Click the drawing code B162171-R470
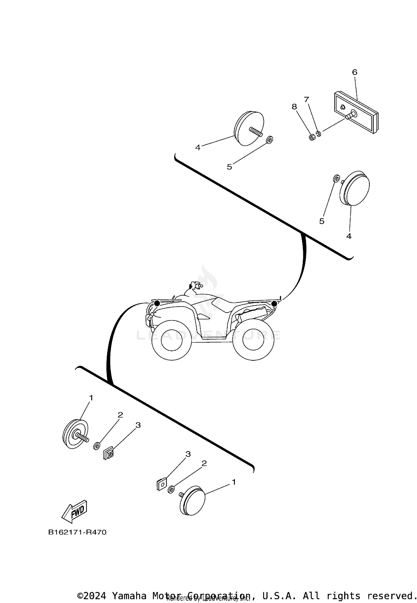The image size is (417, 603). pos(77,533)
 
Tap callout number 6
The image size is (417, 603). pos(354,72)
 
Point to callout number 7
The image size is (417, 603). pos(306,99)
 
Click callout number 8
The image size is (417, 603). pos(294,107)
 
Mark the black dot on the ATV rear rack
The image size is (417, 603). pos(274,304)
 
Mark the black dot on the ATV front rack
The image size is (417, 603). pos(157,303)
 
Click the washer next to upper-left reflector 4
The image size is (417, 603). pos(269,139)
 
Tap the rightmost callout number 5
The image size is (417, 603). pos(322,221)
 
